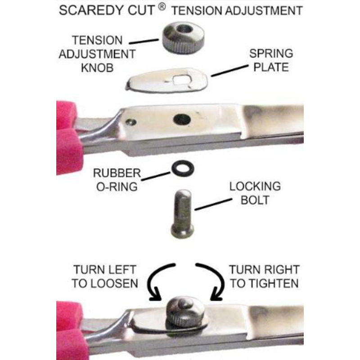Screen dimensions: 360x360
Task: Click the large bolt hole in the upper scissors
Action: [181, 119]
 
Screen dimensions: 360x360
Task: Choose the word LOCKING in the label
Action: [255, 186]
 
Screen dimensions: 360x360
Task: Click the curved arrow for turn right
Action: [208, 281]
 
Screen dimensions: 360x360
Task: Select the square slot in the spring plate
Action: [181, 79]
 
